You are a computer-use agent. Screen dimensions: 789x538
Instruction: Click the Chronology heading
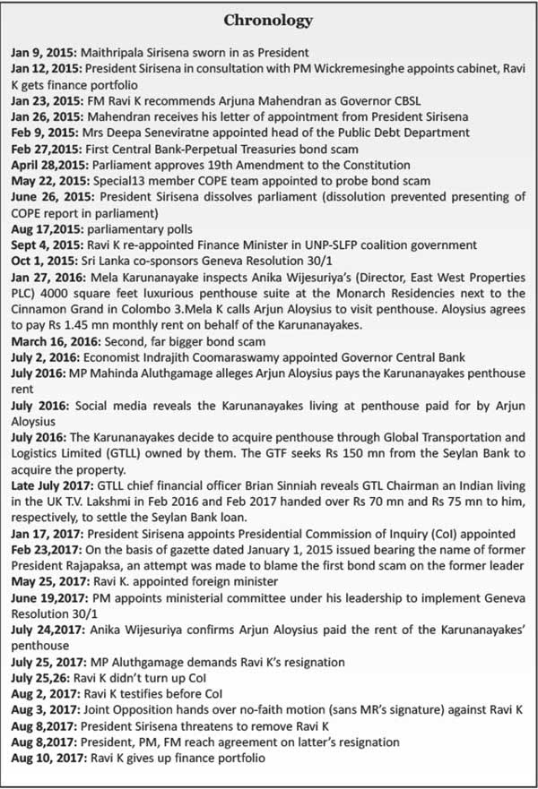click(x=270, y=19)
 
